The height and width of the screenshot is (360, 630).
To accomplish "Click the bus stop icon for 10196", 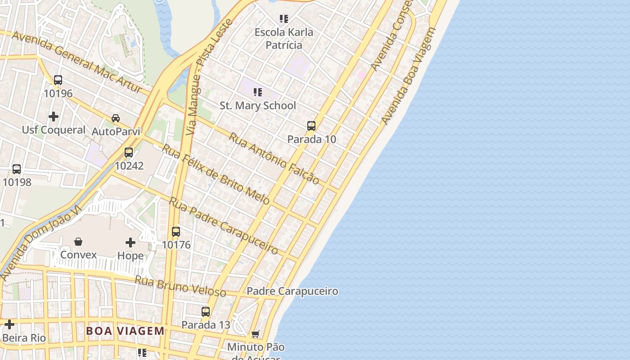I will pos(58,80).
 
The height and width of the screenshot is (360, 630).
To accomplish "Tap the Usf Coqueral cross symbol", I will pos(54,117).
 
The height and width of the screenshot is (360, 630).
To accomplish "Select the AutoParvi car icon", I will pos(116,118).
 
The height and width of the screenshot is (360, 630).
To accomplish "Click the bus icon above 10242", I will pos(129,153).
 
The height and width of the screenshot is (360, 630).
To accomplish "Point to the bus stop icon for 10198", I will pos(17,169).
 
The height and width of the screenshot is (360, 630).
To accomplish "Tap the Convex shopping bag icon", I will pos(78,242).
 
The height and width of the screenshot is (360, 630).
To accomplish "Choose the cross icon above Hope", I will pos(130,243).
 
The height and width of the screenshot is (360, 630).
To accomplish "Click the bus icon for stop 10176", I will pos(176,232).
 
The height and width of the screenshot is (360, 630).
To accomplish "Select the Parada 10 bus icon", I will pos(311,126).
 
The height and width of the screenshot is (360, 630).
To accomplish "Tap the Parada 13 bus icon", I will pos(206,311).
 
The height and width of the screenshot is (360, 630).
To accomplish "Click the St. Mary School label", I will pos(258,106).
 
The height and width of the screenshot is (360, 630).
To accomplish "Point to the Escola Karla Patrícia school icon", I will pos(283,19).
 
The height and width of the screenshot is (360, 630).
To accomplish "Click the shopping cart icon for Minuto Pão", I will pos(256,334).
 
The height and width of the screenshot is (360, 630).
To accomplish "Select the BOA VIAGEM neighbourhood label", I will pos(126,331).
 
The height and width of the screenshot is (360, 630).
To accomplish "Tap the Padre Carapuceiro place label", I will pos(292,291).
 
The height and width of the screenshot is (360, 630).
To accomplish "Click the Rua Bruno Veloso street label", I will pos(180,286).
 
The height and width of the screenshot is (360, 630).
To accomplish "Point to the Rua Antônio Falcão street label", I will pos(274,158).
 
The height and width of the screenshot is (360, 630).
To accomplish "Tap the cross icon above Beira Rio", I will pos(9,324).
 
